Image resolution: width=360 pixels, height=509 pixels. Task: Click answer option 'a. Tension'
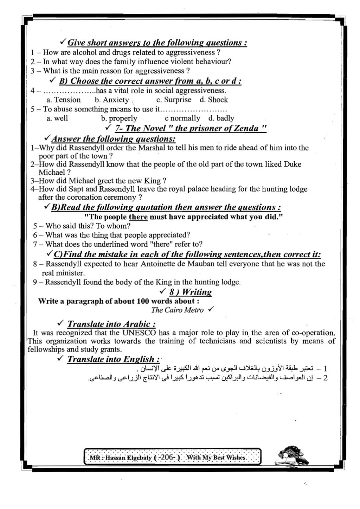(x=64, y=100)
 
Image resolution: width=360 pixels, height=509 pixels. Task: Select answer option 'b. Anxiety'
(x=112, y=100)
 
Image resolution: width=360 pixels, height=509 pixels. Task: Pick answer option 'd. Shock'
(x=214, y=100)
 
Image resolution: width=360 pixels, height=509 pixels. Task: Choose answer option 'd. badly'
(x=221, y=118)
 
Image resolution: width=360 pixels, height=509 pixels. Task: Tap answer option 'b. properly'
(x=119, y=118)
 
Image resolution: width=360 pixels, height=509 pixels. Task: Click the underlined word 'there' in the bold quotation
(x=138, y=217)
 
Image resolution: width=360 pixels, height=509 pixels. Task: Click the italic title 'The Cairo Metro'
(x=177, y=310)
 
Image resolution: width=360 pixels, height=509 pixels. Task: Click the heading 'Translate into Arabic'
(x=111, y=324)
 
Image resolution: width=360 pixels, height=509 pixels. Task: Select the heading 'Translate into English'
(x=113, y=359)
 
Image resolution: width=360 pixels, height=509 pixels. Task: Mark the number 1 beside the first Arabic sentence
(x=325, y=369)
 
